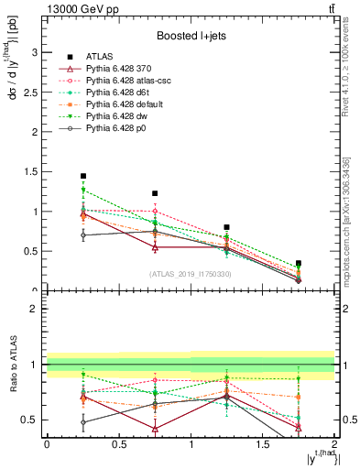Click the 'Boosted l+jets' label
point(191,36)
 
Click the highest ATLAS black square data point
point(83,176)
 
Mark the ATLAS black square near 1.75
point(299,263)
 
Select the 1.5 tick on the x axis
point(263,444)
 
